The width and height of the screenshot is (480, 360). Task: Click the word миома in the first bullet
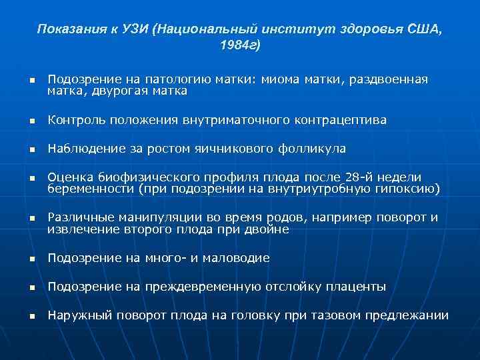click(x=281, y=79)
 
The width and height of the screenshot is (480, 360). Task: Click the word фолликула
click(x=316, y=149)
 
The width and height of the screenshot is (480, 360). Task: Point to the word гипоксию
click(x=409, y=189)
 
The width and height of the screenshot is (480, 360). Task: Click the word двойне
click(x=267, y=229)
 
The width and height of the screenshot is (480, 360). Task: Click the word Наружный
click(x=77, y=315)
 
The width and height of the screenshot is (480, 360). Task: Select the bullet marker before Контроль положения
click(x=31, y=121)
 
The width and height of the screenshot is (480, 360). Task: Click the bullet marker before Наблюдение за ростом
click(x=31, y=149)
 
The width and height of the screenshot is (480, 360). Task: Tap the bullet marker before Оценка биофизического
click(x=31, y=178)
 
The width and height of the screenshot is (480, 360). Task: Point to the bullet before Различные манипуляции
click(x=31, y=219)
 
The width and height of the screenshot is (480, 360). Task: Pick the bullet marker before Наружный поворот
click(x=31, y=316)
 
